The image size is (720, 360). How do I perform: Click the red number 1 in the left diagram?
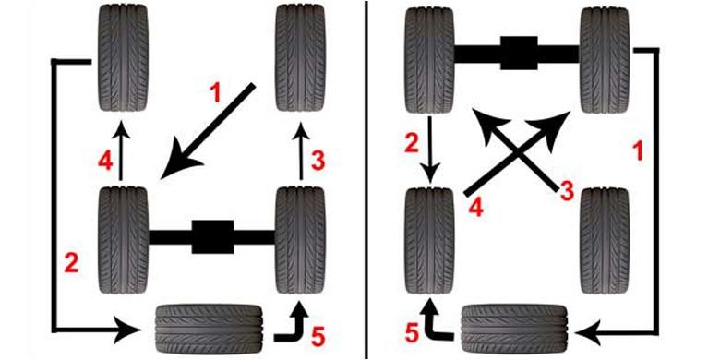[215, 93]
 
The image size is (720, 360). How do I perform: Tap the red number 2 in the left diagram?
[71, 264]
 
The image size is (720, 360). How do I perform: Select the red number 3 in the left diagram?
[318, 161]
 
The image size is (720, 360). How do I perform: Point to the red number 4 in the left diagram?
[105, 161]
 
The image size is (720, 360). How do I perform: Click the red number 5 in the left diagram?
[318, 337]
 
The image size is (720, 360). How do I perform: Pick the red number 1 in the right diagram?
[638, 150]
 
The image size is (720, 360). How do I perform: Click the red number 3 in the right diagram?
[567, 191]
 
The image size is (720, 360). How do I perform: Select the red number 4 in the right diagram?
[476, 208]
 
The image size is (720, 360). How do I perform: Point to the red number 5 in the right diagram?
[412, 332]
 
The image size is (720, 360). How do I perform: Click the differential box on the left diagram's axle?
[212, 236]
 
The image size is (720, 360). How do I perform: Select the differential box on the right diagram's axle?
[519, 54]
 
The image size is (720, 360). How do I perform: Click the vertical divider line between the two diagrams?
[366, 180]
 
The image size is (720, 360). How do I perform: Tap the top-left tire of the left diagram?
[123, 57]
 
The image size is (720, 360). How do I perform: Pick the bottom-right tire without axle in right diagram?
[605, 240]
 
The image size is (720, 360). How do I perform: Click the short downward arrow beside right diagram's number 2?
[430, 150]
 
